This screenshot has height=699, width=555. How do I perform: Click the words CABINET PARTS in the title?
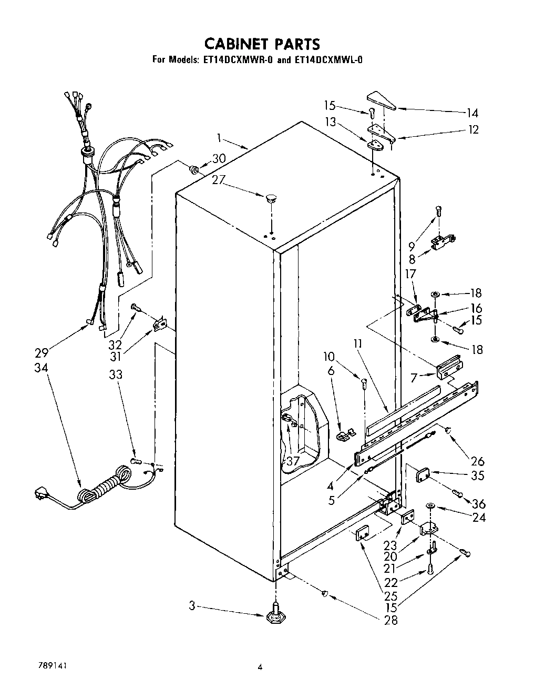(x=261, y=43)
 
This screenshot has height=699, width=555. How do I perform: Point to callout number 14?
(x=472, y=112)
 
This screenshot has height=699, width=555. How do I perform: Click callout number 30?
(x=219, y=158)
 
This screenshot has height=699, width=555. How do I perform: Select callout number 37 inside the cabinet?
(x=292, y=461)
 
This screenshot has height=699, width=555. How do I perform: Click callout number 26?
(x=477, y=461)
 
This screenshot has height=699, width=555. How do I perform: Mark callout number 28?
(x=390, y=620)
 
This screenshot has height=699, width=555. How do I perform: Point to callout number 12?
(x=474, y=129)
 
